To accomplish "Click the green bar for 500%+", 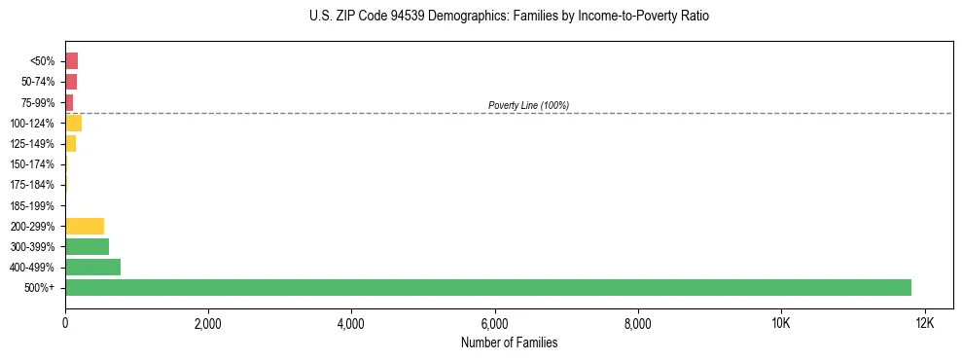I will pyautogui.click(x=487, y=287).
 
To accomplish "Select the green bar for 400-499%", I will pyautogui.click(x=92, y=267).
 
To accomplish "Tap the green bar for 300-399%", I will pyautogui.click(x=87, y=246).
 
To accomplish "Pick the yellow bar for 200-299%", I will pyautogui.click(x=85, y=226).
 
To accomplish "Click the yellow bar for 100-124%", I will pyautogui.click(x=73, y=123).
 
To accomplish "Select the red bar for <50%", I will pyautogui.click(x=71, y=61).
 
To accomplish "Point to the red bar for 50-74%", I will pyautogui.click(x=71, y=82).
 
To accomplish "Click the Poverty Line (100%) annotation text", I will pyautogui.click(x=528, y=105).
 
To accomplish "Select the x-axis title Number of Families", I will pyautogui.click(x=509, y=342).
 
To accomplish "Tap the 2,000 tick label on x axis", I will pyautogui.click(x=208, y=323).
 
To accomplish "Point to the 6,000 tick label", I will pyautogui.click(x=494, y=323).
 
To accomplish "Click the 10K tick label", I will pyautogui.click(x=781, y=323).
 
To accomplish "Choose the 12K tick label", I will pyautogui.click(x=924, y=323).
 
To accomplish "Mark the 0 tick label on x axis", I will pyautogui.click(x=65, y=323).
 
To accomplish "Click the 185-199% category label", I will pyautogui.click(x=32, y=205).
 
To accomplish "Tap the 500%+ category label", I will pyautogui.click(x=41, y=287).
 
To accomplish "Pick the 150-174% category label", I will pyautogui.click(x=32, y=164).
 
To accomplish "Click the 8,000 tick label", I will pyautogui.click(x=638, y=323).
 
